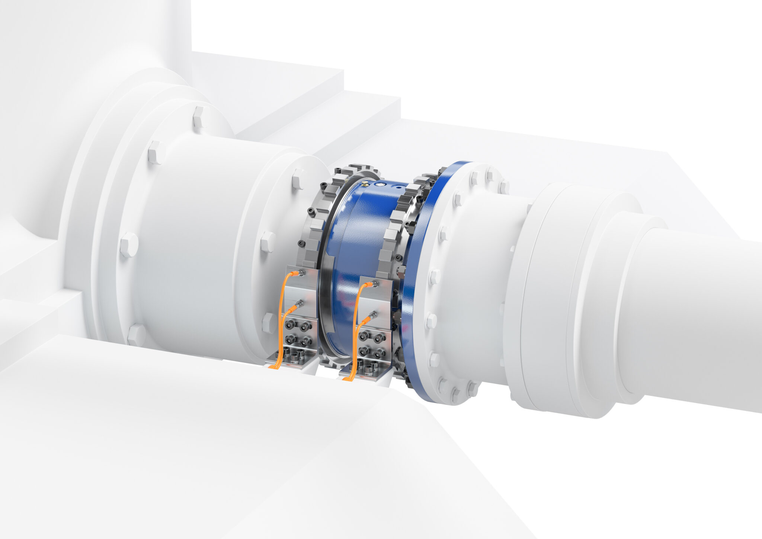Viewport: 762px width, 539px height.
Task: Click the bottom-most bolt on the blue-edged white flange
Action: pos(455,392)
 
